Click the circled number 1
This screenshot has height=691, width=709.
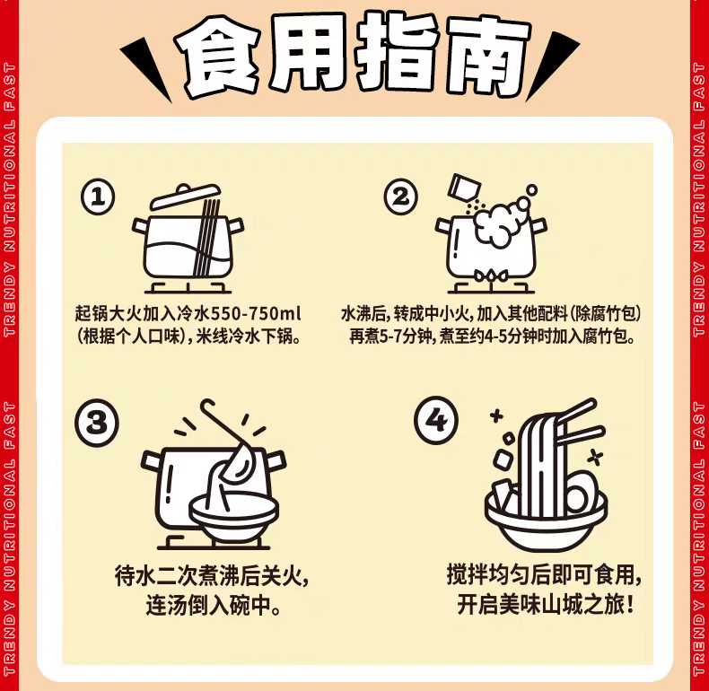coord(98,197)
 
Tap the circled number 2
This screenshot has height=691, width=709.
coord(400,197)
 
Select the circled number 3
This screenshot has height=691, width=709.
coord(97,423)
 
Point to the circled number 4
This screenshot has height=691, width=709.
coord(436,420)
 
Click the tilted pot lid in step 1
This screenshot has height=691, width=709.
coord(186,196)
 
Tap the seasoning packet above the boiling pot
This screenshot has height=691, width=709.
coord(463,187)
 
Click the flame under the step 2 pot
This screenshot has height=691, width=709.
coord(490,276)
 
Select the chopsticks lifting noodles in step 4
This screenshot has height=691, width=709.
coord(580,422)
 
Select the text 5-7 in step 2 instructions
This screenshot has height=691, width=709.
coord(390,337)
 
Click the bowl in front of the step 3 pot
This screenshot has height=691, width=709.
coord(233,516)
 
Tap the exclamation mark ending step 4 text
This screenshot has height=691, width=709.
coord(629,605)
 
